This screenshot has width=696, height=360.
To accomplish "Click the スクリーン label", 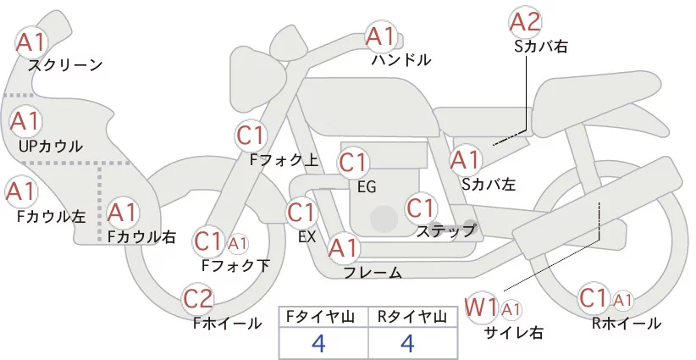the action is tap(65, 65).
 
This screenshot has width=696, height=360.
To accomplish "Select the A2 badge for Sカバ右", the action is tap(525, 21).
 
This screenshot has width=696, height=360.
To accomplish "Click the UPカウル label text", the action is tap(50, 147).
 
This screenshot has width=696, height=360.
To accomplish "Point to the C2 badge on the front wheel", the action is tap(199, 298).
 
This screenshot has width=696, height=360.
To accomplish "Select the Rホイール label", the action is tap(627, 323).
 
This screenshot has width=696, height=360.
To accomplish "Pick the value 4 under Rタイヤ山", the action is tap(407, 343).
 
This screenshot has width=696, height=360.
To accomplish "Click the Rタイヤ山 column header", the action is tap(411, 317).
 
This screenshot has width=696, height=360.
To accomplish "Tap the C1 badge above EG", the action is tap(353, 162).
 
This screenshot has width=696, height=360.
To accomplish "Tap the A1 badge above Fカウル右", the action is tap(122, 211).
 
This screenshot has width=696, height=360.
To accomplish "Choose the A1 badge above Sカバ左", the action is tap(466, 158).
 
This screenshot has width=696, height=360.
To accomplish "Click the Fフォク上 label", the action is tap(284, 158).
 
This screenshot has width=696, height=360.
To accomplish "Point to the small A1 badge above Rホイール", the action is tap(623, 300).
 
